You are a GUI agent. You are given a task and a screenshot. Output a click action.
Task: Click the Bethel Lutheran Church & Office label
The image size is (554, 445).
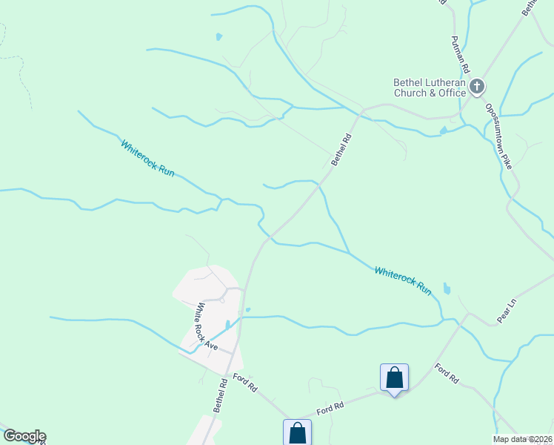(x=430, y=88)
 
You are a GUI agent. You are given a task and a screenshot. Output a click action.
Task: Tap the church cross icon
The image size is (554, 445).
(x=476, y=88)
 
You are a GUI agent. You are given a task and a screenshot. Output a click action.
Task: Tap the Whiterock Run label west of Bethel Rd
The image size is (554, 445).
(x=148, y=158)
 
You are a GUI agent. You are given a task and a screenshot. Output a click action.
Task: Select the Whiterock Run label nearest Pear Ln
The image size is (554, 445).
(x=402, y=281)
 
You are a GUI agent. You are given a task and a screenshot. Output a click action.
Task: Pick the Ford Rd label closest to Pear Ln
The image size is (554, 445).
(x=447, y=373)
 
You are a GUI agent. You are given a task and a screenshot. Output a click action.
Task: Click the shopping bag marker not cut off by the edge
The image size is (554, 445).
(x=394, y=378)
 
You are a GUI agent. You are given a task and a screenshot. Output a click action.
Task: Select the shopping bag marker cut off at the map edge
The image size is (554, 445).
(x=297, y=432)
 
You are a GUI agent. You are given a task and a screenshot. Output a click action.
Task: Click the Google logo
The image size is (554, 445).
(x=24, y=436)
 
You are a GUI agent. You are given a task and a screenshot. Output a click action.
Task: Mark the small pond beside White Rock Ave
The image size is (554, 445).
(x=227, y=326)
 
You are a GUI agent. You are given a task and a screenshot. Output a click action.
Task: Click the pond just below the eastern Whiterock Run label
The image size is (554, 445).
(x=446, y=288)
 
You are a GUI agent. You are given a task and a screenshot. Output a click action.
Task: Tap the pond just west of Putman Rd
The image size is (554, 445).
(x=444, y=131)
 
